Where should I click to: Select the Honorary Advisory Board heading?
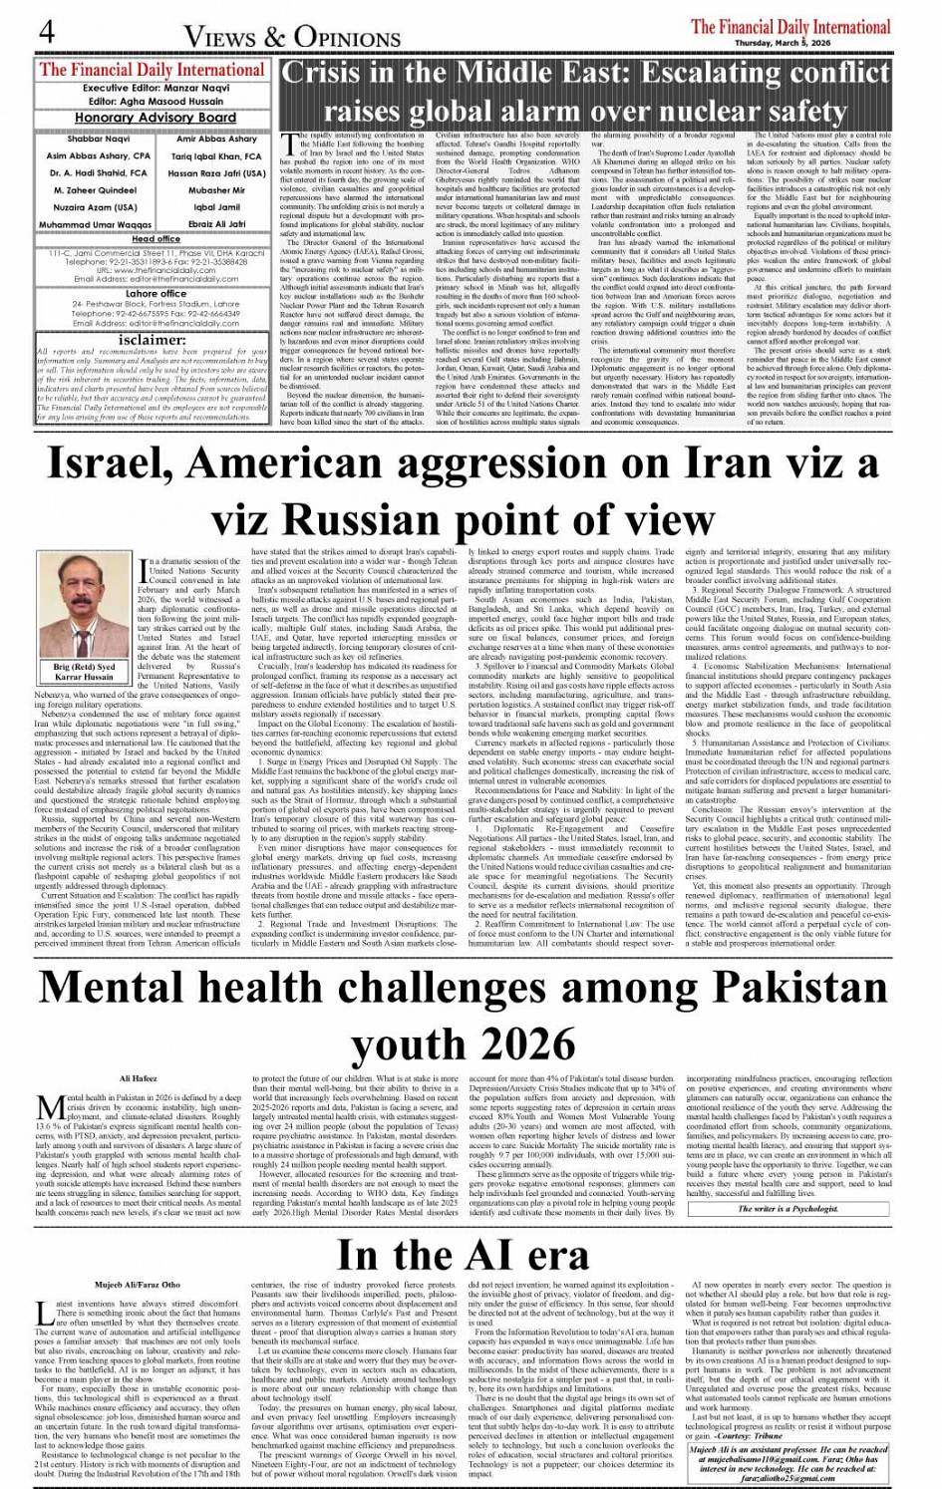(x=155, y=117)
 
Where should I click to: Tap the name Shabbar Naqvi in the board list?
(x=98, y=140)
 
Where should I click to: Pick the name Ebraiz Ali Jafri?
(x=217, y=224)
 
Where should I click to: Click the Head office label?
(x=156, y=239)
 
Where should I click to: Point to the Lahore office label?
(x=156, y=294)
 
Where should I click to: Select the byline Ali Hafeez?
(x=139, y=1079)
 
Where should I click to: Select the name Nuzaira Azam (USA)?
(x=96, y=207)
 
